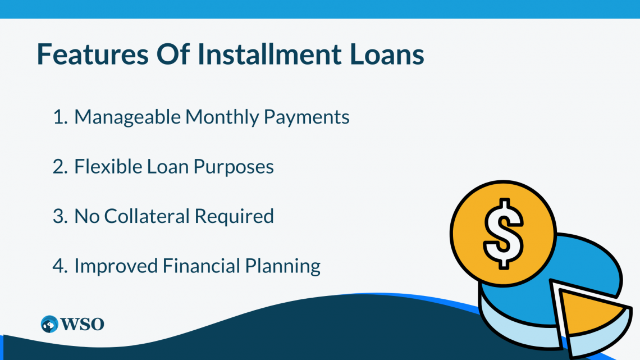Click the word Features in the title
click(93, 54)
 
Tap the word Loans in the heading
click(387, 54)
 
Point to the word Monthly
click(222, 117)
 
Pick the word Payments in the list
click(307, 117)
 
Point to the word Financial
click(202, 266)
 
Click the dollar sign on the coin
click(503, 234)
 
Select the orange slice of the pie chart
click(591, 311)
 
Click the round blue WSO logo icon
click(49, 324)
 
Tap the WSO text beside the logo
click(82, 325)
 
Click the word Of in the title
click(173, 54)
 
